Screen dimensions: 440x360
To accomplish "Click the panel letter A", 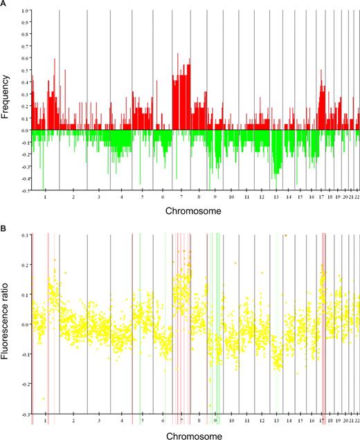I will coord(4,4).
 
